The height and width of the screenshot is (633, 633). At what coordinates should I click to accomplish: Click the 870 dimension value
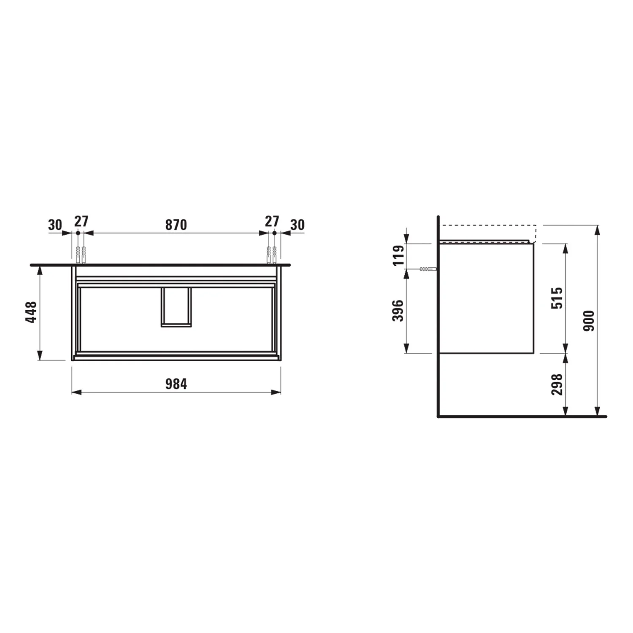(176, 225)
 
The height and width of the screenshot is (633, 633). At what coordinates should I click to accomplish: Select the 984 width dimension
(176, 384)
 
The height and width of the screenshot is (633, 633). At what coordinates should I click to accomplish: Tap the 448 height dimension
(31, 312)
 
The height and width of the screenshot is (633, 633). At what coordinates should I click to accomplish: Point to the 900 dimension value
(588, 321)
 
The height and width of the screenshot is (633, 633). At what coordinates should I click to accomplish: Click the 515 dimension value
(557, 298)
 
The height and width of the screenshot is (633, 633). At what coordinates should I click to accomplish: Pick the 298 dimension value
(557, 384)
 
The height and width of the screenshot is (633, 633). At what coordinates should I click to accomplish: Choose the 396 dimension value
(398, 311)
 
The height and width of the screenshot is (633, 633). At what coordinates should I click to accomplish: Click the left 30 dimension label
(55, 225)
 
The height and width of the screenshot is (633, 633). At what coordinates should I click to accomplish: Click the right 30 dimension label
(297, 225)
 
